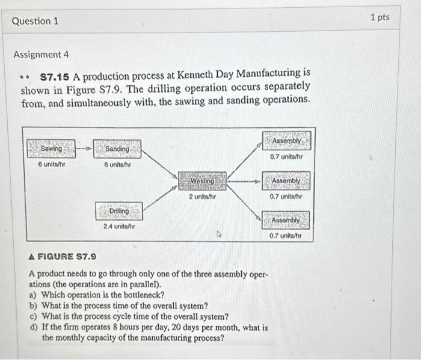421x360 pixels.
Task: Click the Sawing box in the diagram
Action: click(51, 148)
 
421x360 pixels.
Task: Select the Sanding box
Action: click(117, 148)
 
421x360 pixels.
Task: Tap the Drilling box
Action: click(118, 212)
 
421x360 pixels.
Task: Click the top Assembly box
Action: click(286, 141)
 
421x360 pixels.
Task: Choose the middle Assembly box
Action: click(286, 180)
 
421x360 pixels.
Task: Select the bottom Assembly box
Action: click(286, 220)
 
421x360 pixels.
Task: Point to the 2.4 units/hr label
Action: click(119, 227)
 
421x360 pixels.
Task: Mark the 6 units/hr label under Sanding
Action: click(117, 163)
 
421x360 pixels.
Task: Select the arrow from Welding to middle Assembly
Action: click(243, 181)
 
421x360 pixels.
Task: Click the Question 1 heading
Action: click(35, 21)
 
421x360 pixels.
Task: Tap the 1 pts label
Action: click(380, 17)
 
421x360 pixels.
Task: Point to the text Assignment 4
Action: click(41, 55)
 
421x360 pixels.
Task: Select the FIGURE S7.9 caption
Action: click(62, 256)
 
